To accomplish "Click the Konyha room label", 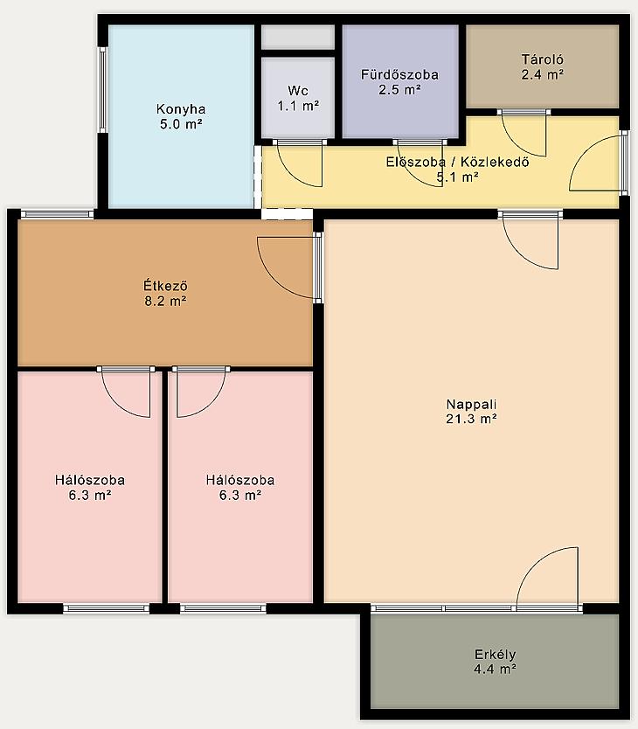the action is click(181, 116).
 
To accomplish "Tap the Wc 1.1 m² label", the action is click(298, 98).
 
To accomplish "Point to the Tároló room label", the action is click(542, 67).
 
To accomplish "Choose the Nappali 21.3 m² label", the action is click(472, 412).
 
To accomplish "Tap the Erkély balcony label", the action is click(495, 662).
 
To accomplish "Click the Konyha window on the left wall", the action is click(103, 90).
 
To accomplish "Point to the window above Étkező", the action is click(57, 214).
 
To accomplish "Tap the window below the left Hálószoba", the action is click(106, 608).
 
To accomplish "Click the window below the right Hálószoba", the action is click(223, 608).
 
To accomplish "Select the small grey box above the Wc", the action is click(298, 38).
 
